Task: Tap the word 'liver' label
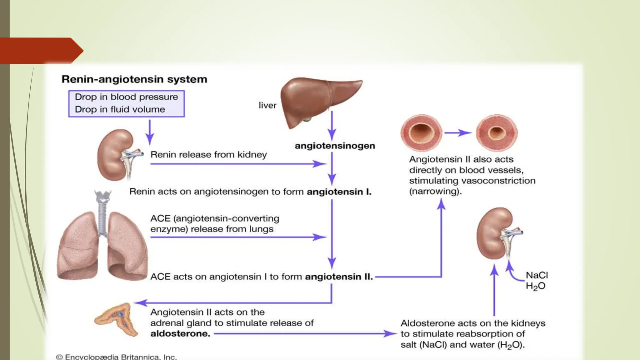coord(267,105)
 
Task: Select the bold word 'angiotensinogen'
coord(335,146)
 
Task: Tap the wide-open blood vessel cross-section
coord(421,133)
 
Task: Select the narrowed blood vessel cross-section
coord(497,133)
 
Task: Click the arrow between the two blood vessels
coord(458,133)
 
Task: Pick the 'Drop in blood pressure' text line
coord(126,97)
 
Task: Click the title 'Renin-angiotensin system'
coord(134,79)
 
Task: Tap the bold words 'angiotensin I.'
coord(339,192)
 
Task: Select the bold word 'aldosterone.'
coord(180,334)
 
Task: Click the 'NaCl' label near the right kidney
coord(537,275)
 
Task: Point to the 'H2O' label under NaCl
coord(535,286)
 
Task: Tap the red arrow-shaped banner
coord(39,51)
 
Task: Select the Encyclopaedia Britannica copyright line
coord(116,357)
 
